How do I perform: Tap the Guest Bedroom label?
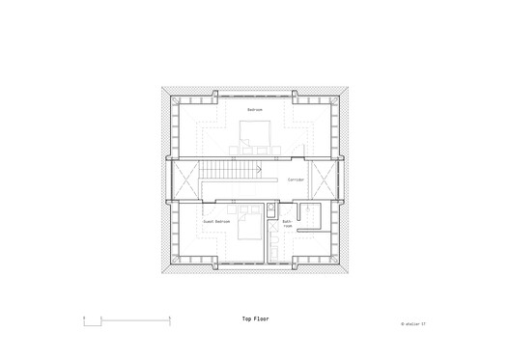pos(216,222)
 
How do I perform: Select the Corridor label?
pos(297,180)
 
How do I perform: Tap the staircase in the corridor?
pos(233,180)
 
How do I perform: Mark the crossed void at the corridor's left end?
pos(184,180)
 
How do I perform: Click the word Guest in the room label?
pos(209,222)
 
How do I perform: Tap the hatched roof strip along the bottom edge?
pos(254,269)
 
